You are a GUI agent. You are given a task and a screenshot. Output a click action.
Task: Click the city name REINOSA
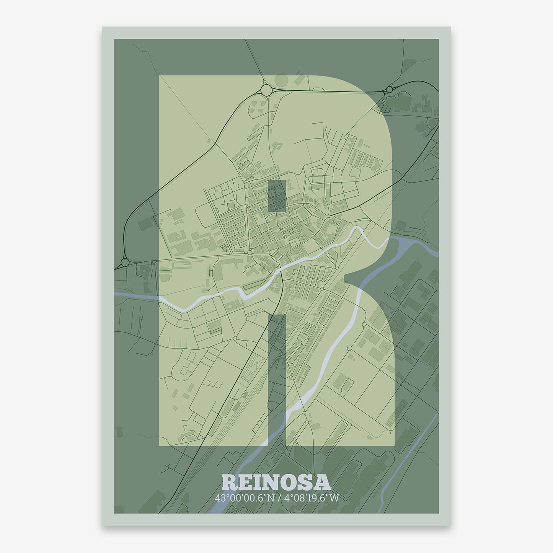click(276, 483)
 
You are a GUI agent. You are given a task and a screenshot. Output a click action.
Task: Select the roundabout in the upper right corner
click(390, 90)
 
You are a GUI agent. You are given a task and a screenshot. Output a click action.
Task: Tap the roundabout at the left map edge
click(125, 263)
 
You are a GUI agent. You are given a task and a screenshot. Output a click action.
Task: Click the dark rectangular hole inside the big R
click(276, 196)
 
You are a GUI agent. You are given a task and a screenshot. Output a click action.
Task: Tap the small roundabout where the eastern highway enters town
click(328, 216)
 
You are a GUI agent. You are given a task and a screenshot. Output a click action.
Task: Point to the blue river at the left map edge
click(130, 297)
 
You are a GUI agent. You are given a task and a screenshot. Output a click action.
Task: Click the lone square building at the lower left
click(120, 430)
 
